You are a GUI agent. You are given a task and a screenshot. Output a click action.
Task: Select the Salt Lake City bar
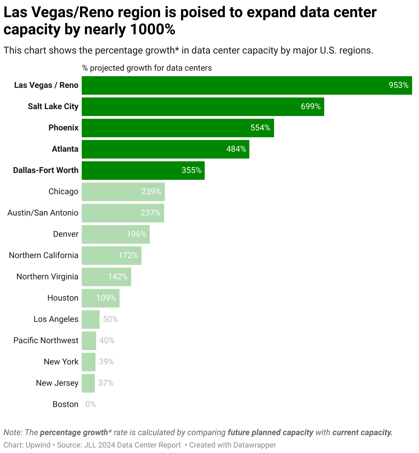203,107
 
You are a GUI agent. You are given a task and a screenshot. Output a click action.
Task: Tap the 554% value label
260,128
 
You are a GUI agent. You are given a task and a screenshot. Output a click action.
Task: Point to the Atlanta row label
65,149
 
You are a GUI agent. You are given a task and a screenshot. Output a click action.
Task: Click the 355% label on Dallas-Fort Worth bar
191,171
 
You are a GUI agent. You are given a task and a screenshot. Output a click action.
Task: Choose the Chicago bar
123,192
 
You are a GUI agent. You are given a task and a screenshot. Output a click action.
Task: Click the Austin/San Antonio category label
43,213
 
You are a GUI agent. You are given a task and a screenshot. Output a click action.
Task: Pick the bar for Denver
115,234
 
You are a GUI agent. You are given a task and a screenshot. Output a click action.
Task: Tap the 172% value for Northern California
128,256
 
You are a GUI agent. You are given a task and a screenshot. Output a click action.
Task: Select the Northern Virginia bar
106,277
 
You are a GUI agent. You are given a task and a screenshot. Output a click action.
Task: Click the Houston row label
63,298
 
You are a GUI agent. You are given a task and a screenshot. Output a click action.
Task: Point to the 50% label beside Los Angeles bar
110,320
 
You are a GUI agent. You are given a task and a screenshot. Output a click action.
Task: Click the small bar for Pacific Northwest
89,341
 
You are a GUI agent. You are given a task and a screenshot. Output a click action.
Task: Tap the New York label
61,362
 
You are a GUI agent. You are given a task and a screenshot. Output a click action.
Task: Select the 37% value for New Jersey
106,383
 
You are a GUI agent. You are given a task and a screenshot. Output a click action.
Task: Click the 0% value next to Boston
90,405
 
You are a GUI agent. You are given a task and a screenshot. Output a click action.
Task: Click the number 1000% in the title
152,30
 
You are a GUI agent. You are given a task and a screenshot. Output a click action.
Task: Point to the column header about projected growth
147,68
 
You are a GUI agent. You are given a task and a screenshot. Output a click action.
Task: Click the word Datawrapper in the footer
254,445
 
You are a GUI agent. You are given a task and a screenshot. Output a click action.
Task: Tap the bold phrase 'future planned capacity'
270,432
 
